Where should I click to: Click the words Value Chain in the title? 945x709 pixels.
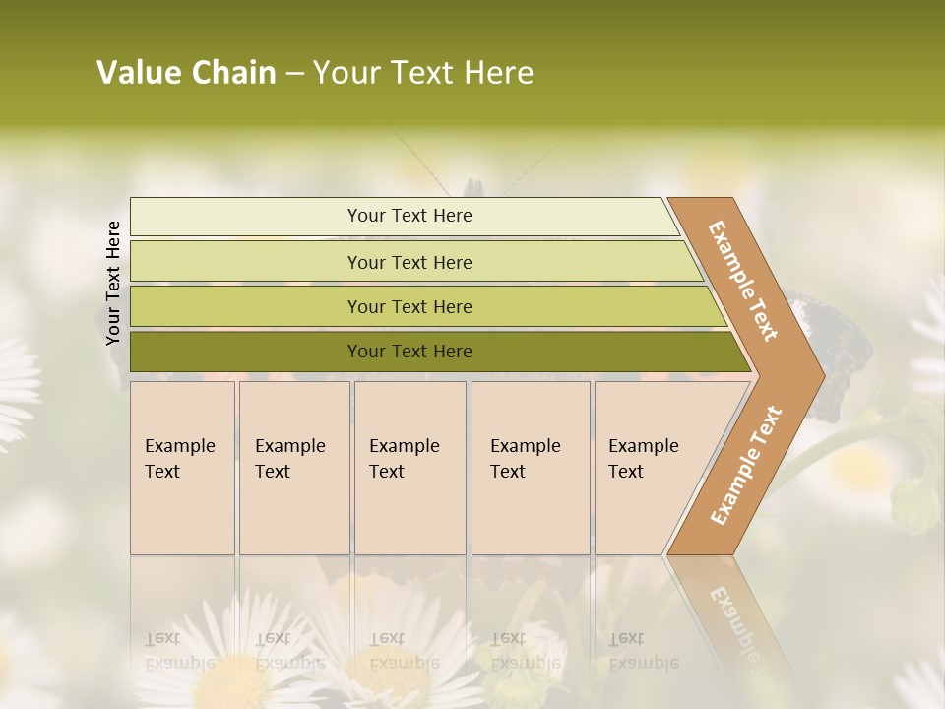click(x=186, y=73)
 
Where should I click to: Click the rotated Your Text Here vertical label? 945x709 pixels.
click(x=113, y=283)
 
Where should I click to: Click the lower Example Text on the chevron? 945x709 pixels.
click(x=745, y=465)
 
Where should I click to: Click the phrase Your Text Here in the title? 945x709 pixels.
click(x=423, y=73)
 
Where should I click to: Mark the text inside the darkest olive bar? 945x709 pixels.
click(x=409, y=352)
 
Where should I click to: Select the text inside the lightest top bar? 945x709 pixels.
click(x=409, y=216)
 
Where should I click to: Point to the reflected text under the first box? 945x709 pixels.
click(x=179, y=651)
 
